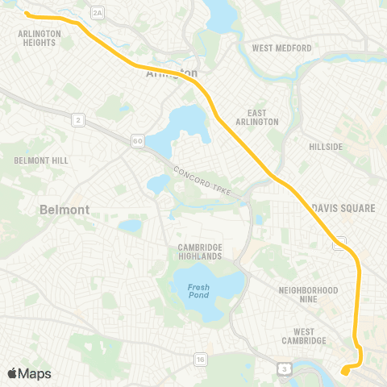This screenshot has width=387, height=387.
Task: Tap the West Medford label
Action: [x=281, y=48]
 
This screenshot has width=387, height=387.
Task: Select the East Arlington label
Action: [x=263, y=117]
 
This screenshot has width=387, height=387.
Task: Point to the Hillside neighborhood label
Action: [x=325, y=147]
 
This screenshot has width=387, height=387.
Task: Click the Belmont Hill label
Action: [x=36, y=161]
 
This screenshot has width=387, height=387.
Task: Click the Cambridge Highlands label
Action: [x=200, y=252]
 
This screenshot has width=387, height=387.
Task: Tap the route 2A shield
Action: [x=98, y=12]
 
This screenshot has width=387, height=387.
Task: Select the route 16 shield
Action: [x=200, y=358]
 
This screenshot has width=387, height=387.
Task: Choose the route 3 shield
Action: [x=284, y=368]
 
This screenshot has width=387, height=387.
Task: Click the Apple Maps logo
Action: [x=29, y=373]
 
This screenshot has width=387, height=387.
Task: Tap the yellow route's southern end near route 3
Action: [x=343, y=372]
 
